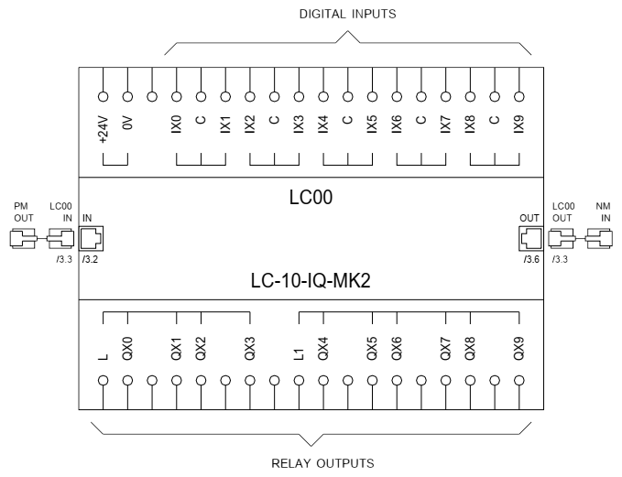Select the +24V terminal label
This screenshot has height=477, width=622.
[104, 133]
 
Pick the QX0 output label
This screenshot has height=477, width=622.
[128, 349]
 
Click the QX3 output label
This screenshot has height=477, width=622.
[250, 349]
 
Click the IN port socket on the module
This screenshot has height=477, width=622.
[92, 239]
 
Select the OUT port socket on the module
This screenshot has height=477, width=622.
[529, 239]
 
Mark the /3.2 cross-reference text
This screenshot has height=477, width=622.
[88, 261]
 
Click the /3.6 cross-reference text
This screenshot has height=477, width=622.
[530, 261]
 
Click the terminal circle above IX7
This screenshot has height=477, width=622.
[445, 95]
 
